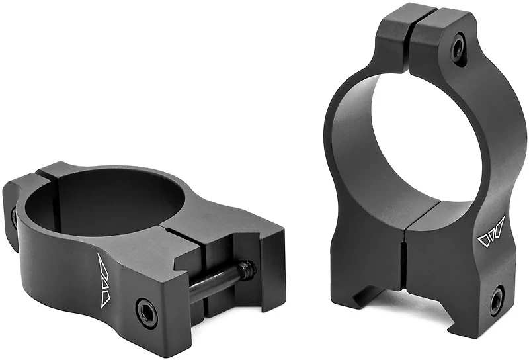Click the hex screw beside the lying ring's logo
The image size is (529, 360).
(x=146, y=311)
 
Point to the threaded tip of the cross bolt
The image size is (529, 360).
(x=247, y=269)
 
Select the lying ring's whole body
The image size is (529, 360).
(x=132, y=245)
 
